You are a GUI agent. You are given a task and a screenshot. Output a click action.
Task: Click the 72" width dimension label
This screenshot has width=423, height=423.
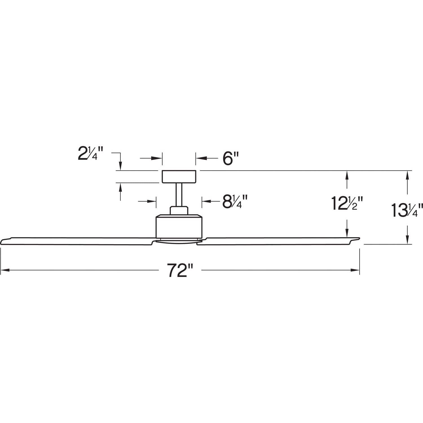(x=180, y=270)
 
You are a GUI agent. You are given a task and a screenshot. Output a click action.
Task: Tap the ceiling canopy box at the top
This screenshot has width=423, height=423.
(x=179, y=177)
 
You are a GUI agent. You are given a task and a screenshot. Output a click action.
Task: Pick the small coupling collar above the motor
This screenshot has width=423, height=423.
(x=179, y=211)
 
